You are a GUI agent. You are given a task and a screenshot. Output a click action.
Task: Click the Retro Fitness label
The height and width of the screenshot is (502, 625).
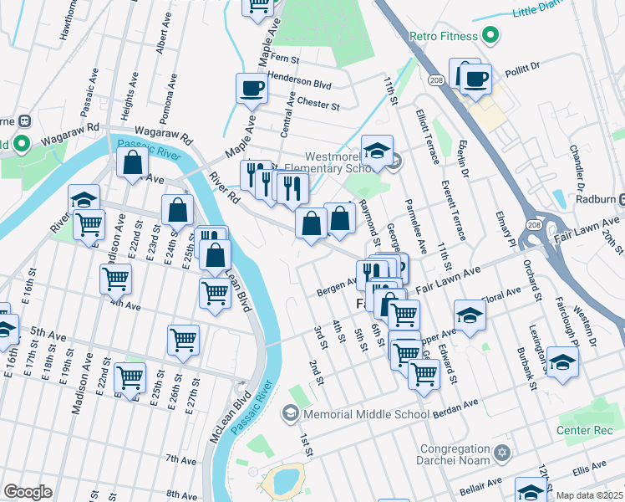point(443,36)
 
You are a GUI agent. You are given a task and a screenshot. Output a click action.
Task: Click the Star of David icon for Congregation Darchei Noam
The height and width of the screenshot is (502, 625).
point(501,453)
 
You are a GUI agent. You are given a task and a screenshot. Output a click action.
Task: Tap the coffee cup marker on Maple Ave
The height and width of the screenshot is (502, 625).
point(252,88)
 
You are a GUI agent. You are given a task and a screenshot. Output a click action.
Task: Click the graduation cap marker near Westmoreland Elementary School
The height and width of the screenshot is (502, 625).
point(377,151)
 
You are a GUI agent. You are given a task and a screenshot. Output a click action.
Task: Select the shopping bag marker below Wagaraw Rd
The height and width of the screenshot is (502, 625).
point(134,163)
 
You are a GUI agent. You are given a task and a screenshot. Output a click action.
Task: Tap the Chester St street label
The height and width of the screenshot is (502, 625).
point(318,106)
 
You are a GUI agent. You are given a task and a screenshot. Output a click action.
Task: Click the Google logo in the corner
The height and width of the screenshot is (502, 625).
point(28,491)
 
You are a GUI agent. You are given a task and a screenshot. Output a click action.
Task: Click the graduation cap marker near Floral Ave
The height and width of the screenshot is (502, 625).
point(470,316)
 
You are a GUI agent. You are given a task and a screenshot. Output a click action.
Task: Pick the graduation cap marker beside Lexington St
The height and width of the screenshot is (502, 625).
point(562,361)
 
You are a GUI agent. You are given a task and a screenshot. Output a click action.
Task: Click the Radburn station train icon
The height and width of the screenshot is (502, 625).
point(617,200)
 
